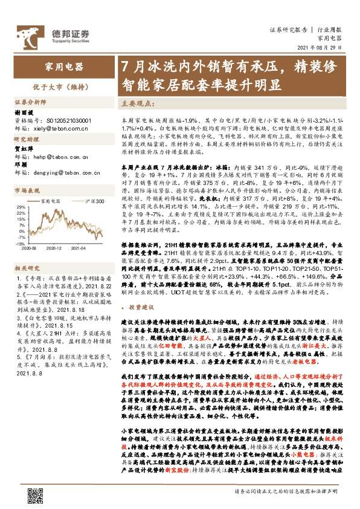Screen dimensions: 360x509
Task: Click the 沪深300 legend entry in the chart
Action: click(93, 201)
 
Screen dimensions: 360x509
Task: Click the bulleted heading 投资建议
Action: click(141, 307)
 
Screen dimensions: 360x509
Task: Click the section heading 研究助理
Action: click(25, 140)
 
